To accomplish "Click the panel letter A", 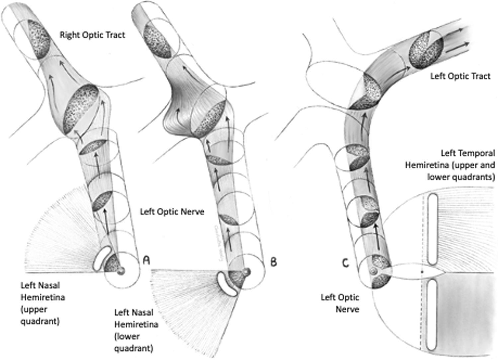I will pos(146,260).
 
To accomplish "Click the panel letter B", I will pos(273,262).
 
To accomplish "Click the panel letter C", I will pos(345,263).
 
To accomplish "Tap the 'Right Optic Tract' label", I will pos(92,35).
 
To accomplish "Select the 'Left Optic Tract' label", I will pos(460,76).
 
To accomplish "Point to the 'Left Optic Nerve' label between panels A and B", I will pos(172,212).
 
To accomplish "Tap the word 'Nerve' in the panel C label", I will pos(347,309).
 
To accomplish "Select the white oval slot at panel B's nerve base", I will pos(227,284).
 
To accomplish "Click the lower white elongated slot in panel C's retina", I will pos(431,314).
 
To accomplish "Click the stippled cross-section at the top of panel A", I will pos(39,39).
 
